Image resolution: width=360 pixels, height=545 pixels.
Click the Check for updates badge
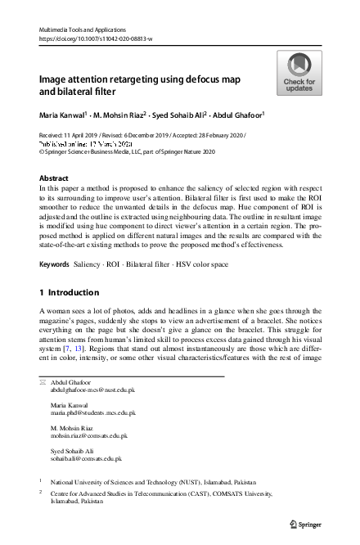click(298, 73)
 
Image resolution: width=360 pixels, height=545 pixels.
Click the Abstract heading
click(54, 178)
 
